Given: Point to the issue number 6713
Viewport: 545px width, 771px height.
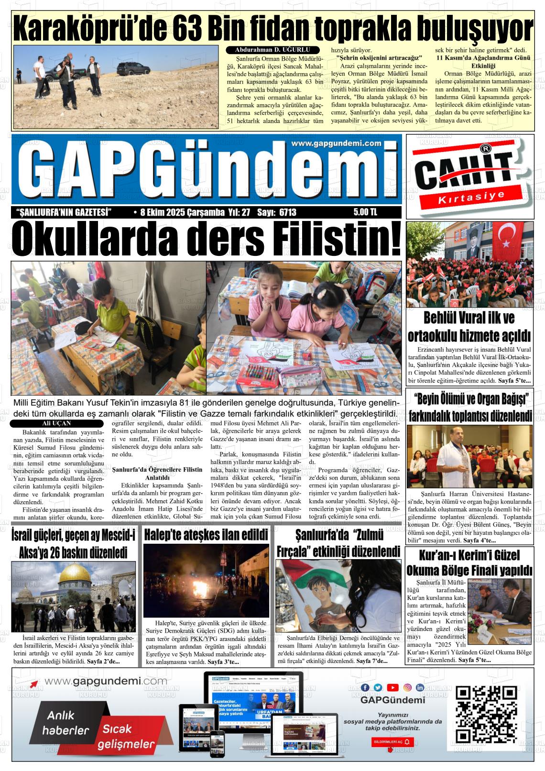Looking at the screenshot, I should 287,212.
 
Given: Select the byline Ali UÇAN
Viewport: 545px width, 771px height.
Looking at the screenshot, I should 56,423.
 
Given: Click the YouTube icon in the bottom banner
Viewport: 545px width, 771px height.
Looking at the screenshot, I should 392,687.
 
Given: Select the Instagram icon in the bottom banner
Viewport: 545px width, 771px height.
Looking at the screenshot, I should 407,687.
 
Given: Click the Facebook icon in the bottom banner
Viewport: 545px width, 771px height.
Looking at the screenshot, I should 365,687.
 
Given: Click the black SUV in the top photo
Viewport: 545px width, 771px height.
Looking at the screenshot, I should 131,70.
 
